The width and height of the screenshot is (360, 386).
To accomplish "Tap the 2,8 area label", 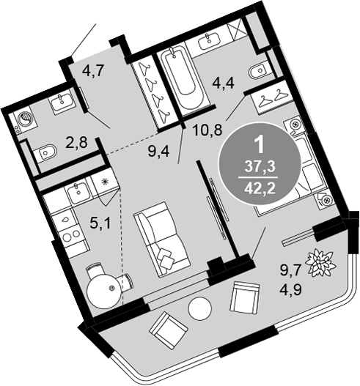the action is (x=76, y=142).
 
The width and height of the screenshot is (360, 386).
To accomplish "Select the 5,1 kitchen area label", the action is (x=100, y=224).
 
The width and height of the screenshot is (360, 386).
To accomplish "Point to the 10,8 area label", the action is (x=207, y=129).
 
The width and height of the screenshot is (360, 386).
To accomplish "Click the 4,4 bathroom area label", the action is (x=223, y=83).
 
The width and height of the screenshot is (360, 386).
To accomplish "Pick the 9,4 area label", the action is (x=158, y=151).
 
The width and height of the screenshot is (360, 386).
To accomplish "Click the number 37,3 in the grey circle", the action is (x=260, y=167).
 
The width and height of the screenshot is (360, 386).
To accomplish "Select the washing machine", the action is (x=24, y=120).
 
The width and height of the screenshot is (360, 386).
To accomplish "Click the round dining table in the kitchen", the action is (x=104, y=291).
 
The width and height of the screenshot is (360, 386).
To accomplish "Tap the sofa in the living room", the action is (x=162, y=240).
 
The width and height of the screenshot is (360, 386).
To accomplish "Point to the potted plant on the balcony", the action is (x=321, y=263).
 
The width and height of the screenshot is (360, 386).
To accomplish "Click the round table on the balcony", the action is (x=199, y=308).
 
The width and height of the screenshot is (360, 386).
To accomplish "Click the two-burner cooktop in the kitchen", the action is (x=71, y=237).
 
